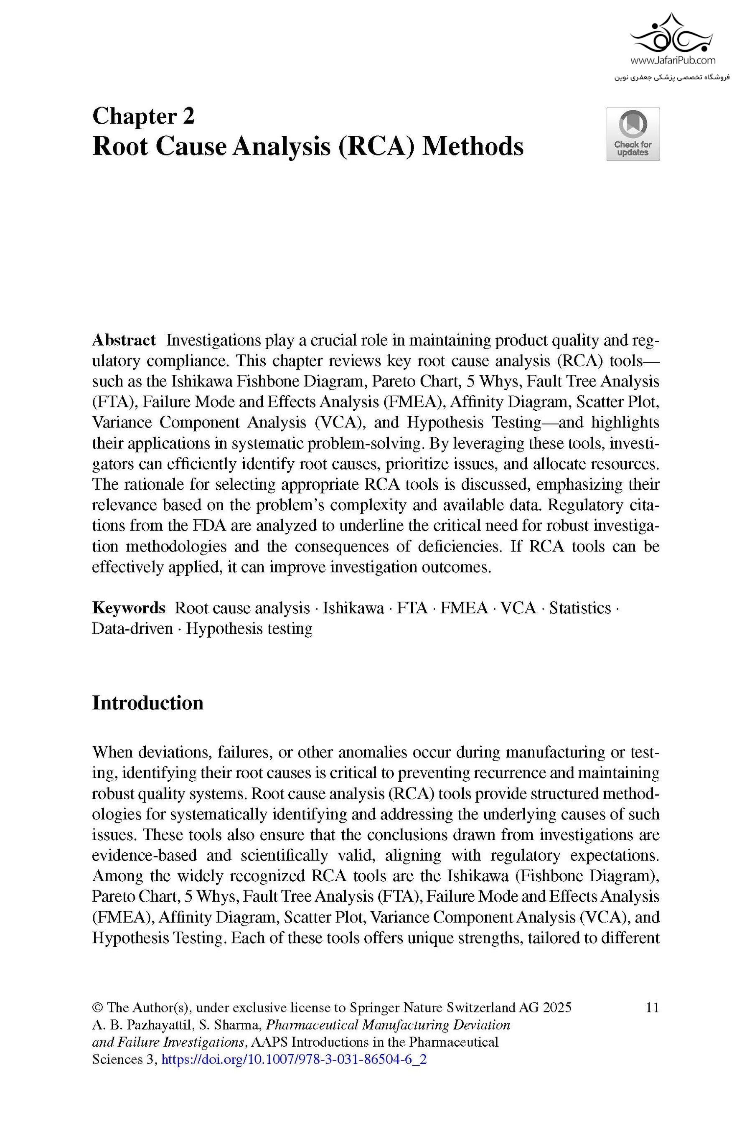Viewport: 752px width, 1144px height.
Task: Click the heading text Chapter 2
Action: [x=143, y=116]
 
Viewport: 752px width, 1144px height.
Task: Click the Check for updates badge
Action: [x=633, y=134]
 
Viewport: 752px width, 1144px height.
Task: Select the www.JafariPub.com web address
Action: [x=672, y=61]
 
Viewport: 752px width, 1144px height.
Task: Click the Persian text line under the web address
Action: [x=672, y=77]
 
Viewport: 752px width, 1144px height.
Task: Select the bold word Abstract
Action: [x=124, y=340]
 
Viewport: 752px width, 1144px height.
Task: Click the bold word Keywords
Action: [x=128, y=608]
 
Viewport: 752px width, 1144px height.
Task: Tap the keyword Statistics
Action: [x=579, y=608]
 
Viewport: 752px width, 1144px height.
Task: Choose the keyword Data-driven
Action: [x=132, y=628]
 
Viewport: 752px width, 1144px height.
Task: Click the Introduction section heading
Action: [x=147, y=703]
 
